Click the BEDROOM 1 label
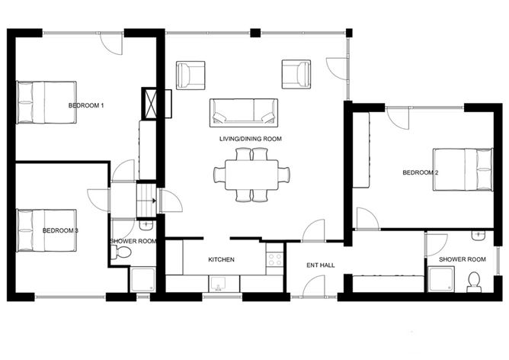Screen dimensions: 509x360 pyautogui.click(x=86, y=105)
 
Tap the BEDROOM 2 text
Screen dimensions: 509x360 pyautogui.click(x=421, y=172)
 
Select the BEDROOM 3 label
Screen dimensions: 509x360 pyautogui.click(x=60, y=230)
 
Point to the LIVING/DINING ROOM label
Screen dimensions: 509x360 pyautogui.click(x=251, y=139)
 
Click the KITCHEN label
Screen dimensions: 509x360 pyautogui.click(x=221, y=259)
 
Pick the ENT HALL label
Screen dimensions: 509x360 pyautogui.click(x=321, y=265)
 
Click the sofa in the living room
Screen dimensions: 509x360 pyautogui.click(x=244, y=113)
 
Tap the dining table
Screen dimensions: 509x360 pyautogui.click(x=251, y=175)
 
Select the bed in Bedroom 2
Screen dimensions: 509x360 pyautogui.click(x=463, y=169)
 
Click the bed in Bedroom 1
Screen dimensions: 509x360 pyautogui.click(x=46, y=102)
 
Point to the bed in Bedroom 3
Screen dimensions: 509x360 pyautogui.click(x=46, y=230)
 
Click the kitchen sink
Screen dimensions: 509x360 pyautogui.click(x=217, y=284)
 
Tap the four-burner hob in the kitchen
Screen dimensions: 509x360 pyautogui.click(x=274, y=259)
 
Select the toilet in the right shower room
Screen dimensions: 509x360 pyautogui.click(x=474, y=282)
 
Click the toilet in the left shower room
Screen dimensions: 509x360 pyautogui.click(x=120, y=252)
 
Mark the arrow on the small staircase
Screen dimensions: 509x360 pyautogui.click(x=154, y=201)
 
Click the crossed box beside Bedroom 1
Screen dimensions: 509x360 pyautogui.click(x=149, y=104)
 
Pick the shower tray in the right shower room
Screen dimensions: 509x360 pyautogui.click(x=441, y=279)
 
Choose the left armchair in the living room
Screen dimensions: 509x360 pyautogui.click(x=190, y=75)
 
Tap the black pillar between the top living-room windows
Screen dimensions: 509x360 pyautogui.click(x=255, y=33)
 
